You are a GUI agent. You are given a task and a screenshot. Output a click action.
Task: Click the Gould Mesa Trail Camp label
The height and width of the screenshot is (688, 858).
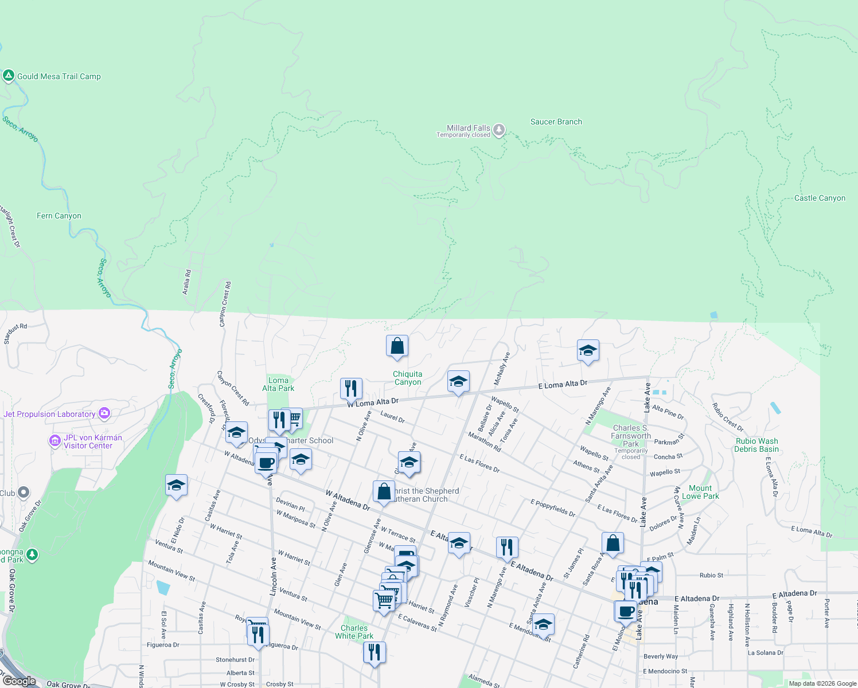coord(58,76)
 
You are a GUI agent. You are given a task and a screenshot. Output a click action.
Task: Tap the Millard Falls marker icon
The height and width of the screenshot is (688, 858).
coord(499,130)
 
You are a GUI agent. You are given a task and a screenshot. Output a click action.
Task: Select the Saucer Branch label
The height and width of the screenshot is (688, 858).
coord(556,122)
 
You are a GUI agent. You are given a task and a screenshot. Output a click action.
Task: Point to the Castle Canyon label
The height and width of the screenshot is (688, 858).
coord(820,198)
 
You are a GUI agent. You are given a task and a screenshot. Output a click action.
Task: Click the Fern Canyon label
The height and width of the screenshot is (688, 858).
coord(59,216)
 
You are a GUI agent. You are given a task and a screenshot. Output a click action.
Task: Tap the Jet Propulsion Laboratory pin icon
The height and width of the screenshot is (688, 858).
coord(104,413)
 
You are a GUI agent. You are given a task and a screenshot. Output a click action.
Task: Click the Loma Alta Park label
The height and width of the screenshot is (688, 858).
coord(278,384)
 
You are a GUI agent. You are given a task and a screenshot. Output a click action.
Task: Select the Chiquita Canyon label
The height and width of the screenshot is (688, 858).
coord(407,378)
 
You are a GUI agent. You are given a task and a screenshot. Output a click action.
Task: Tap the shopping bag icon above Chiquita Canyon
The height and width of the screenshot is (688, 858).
coord(397,346)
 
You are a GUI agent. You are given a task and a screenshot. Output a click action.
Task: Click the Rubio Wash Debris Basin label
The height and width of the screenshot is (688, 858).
coord(756,445)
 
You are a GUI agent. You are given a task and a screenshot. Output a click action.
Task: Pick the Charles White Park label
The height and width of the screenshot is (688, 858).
coord(354,632)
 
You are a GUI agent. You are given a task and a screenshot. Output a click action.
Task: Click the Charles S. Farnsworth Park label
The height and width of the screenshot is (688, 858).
coord(631,436)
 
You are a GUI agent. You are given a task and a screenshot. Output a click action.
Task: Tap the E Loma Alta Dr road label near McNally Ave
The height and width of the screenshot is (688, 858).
coord(563,384)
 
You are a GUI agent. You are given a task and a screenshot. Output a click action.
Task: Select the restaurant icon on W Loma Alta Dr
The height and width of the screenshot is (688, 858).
coord(350,388)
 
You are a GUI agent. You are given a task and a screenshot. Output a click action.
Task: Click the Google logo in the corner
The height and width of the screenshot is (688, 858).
coord(19,681)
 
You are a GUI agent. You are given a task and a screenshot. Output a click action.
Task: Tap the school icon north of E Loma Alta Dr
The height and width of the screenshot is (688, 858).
coord(588,350)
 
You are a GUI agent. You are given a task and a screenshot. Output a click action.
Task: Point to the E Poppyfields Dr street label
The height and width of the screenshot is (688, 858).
coord(553,508)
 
